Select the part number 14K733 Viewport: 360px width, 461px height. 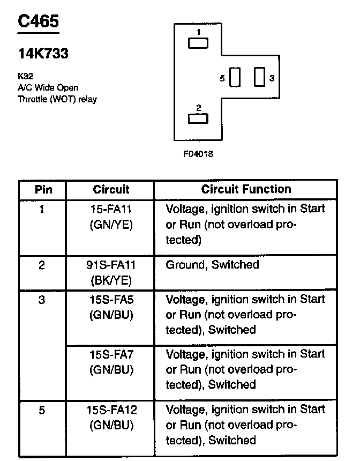pos(43,54)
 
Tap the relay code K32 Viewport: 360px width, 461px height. pos(25,77)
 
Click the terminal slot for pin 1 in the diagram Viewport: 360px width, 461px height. pos(198,43)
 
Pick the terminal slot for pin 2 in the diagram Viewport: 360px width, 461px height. pos(198,118)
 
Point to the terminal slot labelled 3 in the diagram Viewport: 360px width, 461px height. pos(260,77)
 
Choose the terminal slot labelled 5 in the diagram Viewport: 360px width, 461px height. pos(235,77)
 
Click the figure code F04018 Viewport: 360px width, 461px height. pos(198,154)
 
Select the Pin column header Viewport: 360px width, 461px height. pos(42,190)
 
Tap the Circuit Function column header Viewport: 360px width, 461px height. pos(246,189)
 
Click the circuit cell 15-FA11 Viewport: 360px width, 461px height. pos(111,209)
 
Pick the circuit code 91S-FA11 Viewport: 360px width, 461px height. pos(111,265)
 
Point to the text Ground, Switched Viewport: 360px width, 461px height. pos(212,265)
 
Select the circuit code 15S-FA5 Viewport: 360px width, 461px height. pos(111,299)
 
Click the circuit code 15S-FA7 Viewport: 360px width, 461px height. pos(111,354)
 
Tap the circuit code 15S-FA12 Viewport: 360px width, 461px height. pos(111,410)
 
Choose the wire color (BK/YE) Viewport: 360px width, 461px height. pos(111,280)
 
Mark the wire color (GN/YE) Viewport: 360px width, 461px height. pos(111,224)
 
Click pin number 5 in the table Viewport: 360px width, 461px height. pos(42,411)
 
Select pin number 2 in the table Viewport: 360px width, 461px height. pos(42,265)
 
